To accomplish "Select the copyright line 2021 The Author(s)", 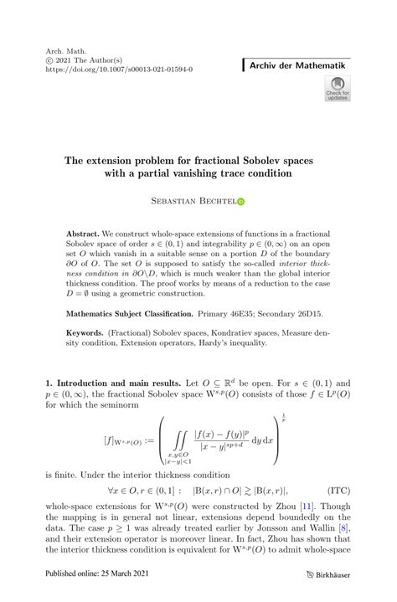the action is [80, 61].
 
